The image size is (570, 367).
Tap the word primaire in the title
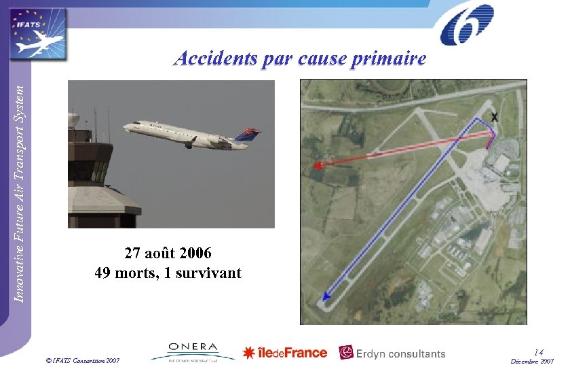(389, 60)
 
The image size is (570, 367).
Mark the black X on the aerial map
(495, 118)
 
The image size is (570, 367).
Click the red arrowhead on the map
(317, 165)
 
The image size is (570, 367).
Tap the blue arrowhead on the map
(326, 296)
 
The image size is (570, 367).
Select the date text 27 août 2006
(168, 254)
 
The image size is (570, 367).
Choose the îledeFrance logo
(285, 353)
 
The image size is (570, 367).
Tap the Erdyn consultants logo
(392, 353)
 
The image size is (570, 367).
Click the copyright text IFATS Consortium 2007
(81, 358)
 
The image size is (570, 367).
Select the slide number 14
(539, 351)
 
